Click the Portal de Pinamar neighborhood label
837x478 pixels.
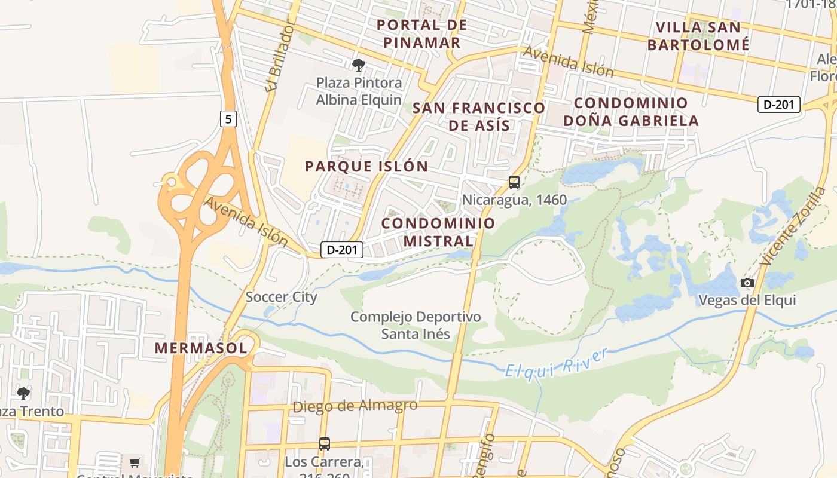click(422, 34)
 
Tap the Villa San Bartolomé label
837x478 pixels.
click(698, 36)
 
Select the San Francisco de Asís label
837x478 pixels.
click(479, 117)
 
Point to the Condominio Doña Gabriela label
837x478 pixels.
click(631, 112)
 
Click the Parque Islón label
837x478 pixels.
click(366, 167)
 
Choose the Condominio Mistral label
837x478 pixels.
click(438, 232)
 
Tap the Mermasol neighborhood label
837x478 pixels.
click(201, 348)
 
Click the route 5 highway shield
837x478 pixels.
click(228, 119)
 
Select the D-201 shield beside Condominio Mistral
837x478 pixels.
click(342, 250)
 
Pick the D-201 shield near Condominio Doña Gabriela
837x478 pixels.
click(778, 105)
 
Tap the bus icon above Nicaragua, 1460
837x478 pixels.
click(514, 182)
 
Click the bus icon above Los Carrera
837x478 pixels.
click(324, 444)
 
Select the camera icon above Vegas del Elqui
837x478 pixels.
click(747, 283)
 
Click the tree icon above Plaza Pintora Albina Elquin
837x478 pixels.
click(359, 65)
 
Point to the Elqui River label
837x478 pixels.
click(557, 363)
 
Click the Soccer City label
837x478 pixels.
click(282, 297)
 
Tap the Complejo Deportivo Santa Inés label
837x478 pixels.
click(416, 325)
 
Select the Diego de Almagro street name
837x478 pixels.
click(355, 406)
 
